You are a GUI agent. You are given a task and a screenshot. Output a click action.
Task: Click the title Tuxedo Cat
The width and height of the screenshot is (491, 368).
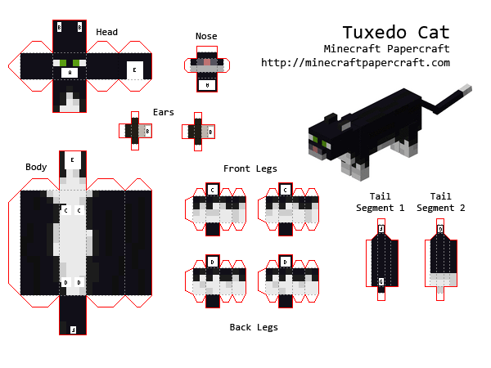(x=395, y=32)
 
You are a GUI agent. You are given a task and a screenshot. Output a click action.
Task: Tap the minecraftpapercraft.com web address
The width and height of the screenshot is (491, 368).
(x=355, y=62)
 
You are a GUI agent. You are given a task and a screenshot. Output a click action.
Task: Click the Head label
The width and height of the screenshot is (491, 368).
(x=106, y=33)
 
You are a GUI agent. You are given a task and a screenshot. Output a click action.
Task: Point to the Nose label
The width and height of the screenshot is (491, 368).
(x=206, y=36)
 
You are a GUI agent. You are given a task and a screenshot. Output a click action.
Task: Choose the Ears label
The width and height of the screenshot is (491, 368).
(x=163, y=112)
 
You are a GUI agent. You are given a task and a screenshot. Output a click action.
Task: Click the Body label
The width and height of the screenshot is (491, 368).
(x=36, y=167)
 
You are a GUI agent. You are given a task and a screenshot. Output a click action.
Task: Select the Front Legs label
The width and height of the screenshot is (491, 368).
(x=250, y=168)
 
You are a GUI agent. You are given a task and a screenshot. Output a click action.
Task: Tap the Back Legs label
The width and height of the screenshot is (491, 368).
(x=253, y=327)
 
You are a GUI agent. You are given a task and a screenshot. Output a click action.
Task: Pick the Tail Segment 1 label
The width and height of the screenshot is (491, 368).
(x=380, y=202)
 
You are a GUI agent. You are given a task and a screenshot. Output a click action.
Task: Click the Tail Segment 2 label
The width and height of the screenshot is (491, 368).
(x=440, y=202)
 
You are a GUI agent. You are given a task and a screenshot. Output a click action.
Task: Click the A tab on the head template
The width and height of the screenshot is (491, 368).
(x=70, y=73)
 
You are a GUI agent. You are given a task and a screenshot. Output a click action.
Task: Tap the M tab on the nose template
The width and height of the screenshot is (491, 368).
(x=208, y=84)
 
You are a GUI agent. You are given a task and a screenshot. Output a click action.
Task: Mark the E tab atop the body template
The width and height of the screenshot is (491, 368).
(x=73, y=159)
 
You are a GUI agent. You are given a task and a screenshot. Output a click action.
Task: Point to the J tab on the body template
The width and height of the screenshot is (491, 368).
(x=73, y=330)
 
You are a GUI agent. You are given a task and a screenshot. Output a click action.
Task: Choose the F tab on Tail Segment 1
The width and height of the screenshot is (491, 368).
(x=381, y=230)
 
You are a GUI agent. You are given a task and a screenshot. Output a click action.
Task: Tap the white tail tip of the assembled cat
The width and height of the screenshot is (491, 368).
(x=466, y=88)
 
